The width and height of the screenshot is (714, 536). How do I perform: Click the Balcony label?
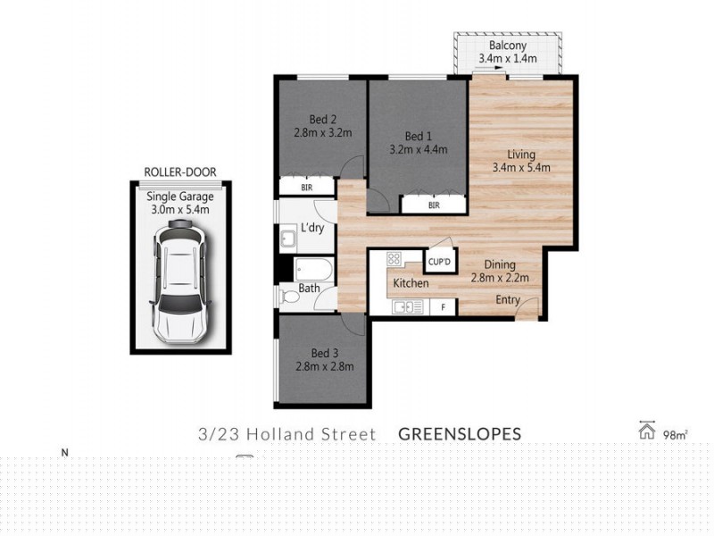pos(508,46)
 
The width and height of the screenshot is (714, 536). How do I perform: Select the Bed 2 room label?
pos(322,120)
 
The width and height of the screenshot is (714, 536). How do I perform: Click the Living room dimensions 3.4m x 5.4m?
pos(520,166)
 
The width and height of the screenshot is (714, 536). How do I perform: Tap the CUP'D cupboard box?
pos(437,261)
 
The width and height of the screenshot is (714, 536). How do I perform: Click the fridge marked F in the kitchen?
pos(444,306)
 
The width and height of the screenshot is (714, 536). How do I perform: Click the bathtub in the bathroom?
pos(313,270)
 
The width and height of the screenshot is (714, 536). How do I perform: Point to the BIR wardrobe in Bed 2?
pos(306,188)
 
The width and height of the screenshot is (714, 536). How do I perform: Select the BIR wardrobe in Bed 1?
pos(434,205)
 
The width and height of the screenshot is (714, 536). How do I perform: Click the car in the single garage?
pos(179,283)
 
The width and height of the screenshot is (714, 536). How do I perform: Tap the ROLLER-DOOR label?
pos(179,172)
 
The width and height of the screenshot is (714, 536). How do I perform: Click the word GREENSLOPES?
pos(459,434)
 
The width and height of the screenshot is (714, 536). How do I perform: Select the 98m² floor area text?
pos(675,435)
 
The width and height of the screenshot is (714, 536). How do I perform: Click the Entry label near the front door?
pos(508,300)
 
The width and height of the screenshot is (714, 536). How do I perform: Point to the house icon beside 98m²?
pos(647,431)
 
